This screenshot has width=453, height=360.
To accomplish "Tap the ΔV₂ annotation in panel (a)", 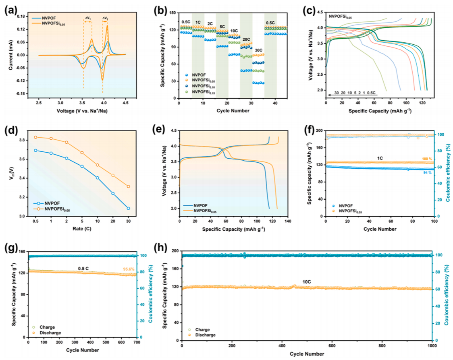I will click(x=105, y=18).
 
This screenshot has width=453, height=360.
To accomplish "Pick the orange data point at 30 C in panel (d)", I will click(x=128, y=186).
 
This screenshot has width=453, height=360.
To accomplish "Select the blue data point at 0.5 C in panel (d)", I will click(x=35, y=150).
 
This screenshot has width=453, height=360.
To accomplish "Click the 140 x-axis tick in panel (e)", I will click(x=287, y=222).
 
